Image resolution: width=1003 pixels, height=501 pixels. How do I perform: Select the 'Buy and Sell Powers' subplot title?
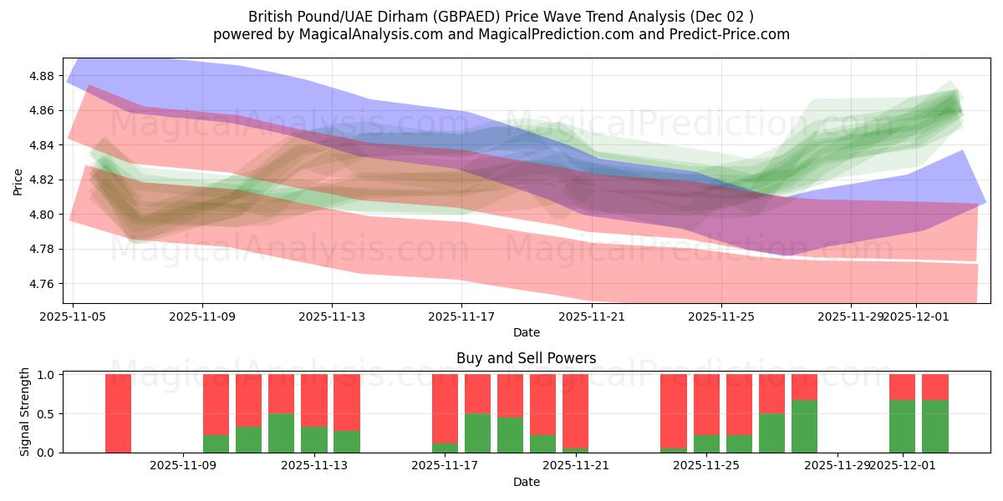point(526,358)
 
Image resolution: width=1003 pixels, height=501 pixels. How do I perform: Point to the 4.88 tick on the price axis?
point(41,76)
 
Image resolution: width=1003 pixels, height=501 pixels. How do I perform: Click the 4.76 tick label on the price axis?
point(41,284)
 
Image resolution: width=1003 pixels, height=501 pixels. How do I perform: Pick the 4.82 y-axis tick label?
point(41,180)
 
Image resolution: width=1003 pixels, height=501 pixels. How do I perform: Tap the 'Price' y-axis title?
point(18,180)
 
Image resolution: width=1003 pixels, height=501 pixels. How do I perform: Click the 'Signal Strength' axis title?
point(25,412)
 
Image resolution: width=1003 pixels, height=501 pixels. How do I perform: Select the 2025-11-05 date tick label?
point(73,316)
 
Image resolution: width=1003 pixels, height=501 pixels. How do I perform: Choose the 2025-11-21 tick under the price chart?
point(591,316)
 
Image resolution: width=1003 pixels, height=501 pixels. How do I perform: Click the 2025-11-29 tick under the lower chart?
point(837,466)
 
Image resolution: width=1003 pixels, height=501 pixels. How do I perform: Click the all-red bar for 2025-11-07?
point(119,413)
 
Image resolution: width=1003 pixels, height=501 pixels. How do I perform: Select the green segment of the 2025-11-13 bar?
point(314,440)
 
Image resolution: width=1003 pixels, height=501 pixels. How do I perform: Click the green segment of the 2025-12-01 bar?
point(902,426)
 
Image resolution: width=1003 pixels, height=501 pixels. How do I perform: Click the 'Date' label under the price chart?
point(526,332)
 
